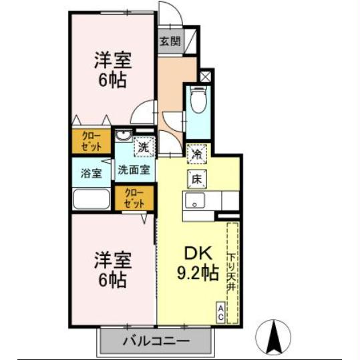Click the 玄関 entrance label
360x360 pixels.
170,41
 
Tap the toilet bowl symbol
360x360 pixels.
198,102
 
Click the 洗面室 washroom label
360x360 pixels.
134,169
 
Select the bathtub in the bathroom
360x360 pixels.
92,200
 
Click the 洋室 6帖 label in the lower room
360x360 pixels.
112,268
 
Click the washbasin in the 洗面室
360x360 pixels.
123,138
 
